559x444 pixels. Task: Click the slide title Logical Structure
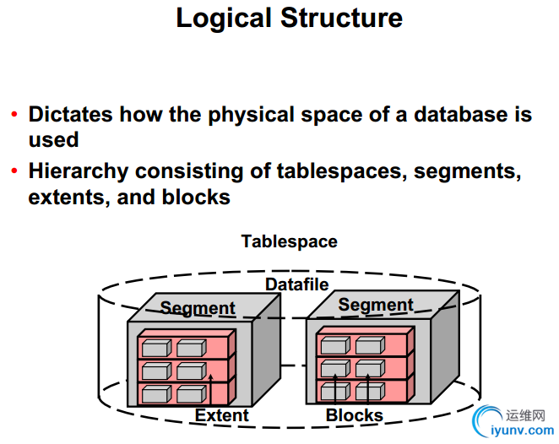pyautogui.click(x=289, y=19)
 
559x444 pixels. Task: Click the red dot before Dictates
pyautogui.click(x=14, y=115)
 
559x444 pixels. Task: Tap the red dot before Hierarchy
pyautogui.click(x=14, y=172)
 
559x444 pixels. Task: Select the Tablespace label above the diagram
pyautogui.click(x=289, y=241)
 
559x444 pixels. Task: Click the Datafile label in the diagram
pyautogui.click(x=296, y=284)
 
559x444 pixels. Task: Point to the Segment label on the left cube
pyautogui.click(x=198, y=308)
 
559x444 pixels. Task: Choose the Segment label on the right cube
pyautogui.click(x=376, y=305)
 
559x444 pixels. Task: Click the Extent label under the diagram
pyautogui.click(x=222, y=415)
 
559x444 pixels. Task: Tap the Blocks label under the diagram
pyautogui.click(x=355, y=415)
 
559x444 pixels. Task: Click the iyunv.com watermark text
pyautogui.click(x=521, y=430)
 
